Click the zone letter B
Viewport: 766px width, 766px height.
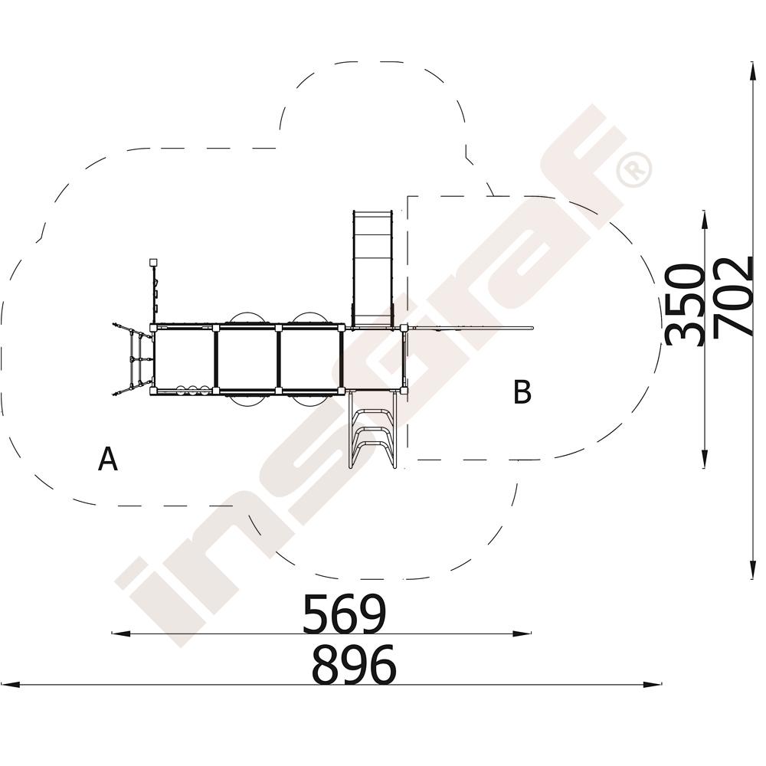click(522, 391)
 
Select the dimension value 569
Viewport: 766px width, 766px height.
click(345, 613)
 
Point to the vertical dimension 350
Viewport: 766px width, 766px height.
click(685, 305)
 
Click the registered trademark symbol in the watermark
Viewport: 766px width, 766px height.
click(633, 169)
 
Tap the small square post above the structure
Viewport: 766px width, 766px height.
click(153, 262)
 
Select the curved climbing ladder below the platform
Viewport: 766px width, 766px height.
click(372, 430)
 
